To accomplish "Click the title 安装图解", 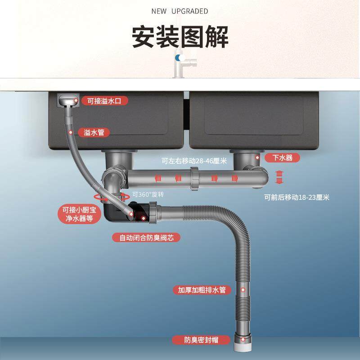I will tap(180, 36).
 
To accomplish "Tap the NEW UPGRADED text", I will tap(180, 11).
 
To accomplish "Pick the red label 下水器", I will tap(283, 158).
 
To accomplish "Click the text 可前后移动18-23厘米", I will tap(297, 197).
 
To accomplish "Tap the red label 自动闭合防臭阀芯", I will tap(146, 238).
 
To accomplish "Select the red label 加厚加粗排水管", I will tap(202, 290).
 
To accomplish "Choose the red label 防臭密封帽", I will tap(195, 340).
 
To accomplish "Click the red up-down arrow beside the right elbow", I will tap(279, 177).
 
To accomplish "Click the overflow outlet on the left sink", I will tap(67, 100).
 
